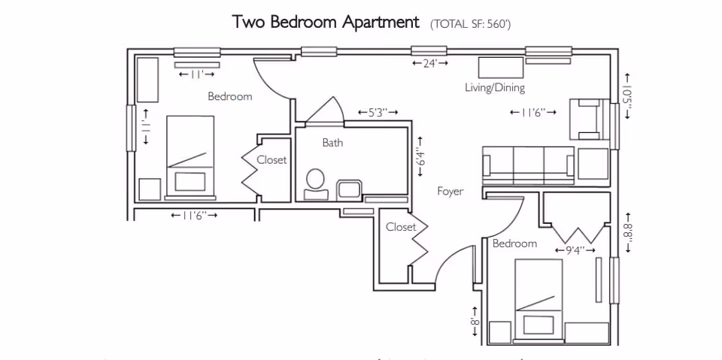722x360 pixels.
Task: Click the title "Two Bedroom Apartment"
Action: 326,22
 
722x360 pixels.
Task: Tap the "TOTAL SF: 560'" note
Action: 471,24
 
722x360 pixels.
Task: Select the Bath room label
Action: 332,143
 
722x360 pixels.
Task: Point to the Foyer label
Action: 450,192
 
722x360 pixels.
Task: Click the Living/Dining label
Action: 494,88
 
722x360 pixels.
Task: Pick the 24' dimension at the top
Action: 430,64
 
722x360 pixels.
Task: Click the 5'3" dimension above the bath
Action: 378,113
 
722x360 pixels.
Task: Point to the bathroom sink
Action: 349,187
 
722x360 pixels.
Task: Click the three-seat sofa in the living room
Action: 528,165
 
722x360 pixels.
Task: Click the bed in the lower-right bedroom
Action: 538,298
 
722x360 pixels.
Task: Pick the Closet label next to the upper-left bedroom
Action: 272,160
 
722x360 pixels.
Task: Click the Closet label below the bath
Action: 401,227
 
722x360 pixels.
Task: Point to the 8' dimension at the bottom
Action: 475,322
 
